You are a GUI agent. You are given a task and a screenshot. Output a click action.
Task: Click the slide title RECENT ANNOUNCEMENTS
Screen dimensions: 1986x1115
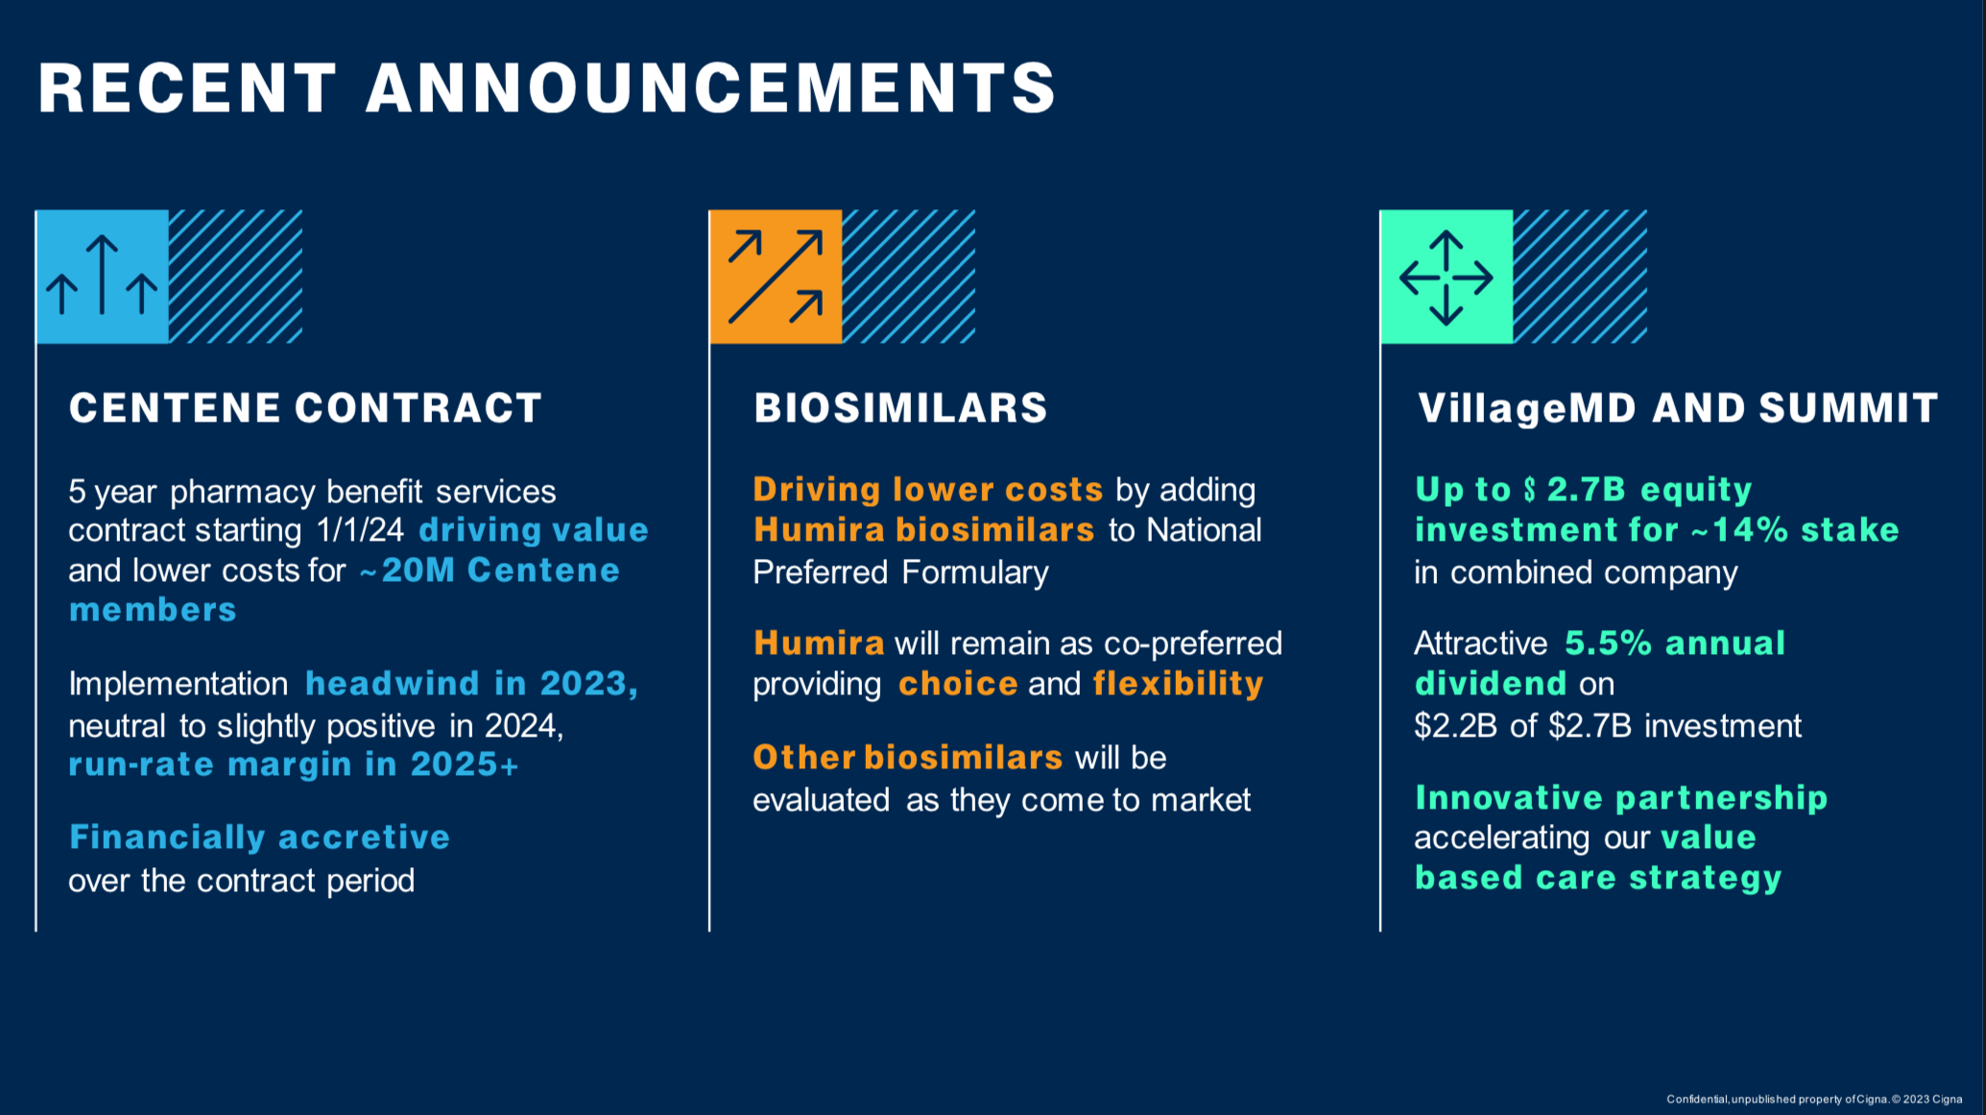coord(547,87)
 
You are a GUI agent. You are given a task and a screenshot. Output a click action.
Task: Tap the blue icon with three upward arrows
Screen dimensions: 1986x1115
coord(103,277)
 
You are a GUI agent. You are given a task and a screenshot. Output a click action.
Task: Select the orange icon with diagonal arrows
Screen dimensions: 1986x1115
coord(776,277)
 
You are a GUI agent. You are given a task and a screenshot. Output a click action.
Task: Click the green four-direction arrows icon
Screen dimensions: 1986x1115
coord(1447,277)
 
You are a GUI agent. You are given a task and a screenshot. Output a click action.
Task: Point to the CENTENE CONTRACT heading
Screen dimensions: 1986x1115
coord(305,408)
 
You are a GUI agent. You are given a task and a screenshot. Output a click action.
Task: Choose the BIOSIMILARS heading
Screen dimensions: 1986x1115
coord(900,408)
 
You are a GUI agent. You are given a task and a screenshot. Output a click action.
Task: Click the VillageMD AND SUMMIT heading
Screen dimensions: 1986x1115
coord(1678,408)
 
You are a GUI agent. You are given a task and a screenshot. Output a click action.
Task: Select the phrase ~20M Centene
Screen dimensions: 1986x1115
coord(490,570)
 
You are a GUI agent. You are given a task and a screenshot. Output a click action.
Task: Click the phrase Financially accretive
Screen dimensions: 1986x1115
coord(259,837)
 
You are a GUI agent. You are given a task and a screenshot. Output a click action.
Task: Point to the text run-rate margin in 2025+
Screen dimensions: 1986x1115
coord(294,764)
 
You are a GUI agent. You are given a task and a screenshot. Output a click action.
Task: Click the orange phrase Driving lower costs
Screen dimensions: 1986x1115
coord(928,490)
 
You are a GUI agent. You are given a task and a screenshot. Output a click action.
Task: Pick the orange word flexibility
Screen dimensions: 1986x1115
coord(1178,684)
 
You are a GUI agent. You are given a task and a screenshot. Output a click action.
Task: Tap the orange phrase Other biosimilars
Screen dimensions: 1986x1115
coord(907,758)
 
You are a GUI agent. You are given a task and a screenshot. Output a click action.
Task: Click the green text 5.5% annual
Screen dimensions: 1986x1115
coord(1675,643)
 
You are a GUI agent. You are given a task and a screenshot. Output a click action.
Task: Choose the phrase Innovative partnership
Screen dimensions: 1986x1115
coord(1621,798)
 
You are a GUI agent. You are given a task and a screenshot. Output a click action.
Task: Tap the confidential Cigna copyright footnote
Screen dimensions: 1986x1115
coord(1814,1100)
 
